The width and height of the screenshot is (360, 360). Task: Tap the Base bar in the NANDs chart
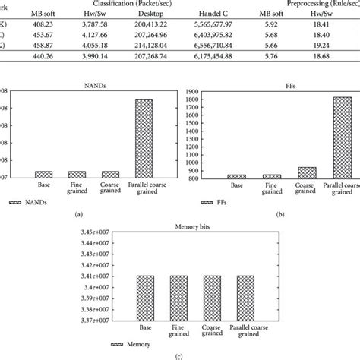click(x=43, y=175)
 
